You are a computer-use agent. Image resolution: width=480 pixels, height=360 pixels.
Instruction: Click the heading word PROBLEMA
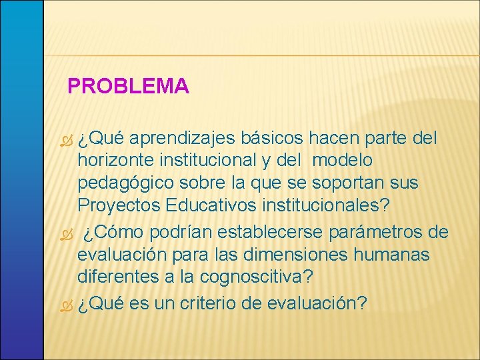[129, 86]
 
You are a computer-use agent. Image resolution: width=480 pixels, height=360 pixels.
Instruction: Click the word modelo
[342, 160]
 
